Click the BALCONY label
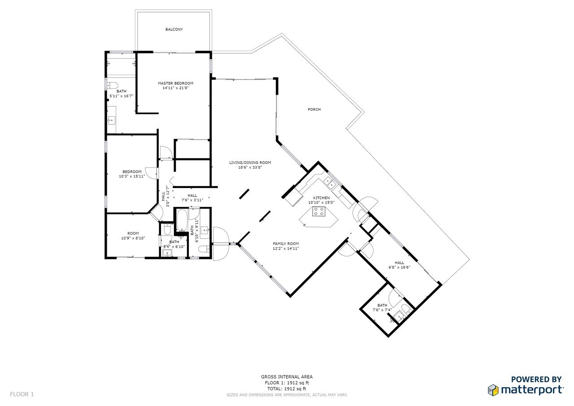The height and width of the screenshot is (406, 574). pyautogui.click(x=174, y=30)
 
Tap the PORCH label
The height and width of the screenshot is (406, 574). pyautogui.click(x=314, y=109)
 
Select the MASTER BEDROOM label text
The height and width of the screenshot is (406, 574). pyautogui.click(x=175, y=83)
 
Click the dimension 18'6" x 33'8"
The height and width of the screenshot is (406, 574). pyautogui.click(x=250, y=167)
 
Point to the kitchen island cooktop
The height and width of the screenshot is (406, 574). pyautogui.click(x=318, y=211)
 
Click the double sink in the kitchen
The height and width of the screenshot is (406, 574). pyautogui.click(x=330, y=183)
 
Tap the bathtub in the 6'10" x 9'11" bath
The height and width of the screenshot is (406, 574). pyautogui.click(x=182, y=220)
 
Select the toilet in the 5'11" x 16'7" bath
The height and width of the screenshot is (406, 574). pyautogui.click(x=112, y=85)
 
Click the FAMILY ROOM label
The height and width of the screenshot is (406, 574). pyautogui.click(x=286, y=244)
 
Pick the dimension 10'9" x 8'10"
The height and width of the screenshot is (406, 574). pyautogui.click(x=133, y=238)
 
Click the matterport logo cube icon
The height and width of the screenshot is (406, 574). pyautogui.click(x=493, y=390)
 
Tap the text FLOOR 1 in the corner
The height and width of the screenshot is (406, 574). pyautogui.click(x=22, y=394)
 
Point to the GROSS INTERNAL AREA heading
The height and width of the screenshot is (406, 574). pyautogui.click(x=287, y=377)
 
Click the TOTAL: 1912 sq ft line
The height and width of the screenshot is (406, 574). pyautogui.click(x=287, y=389)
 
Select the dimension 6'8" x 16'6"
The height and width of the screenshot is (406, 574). pyautogui.click(x=399, y=267)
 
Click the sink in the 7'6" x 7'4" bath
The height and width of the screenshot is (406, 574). pyautogui.click(x=399, y=317)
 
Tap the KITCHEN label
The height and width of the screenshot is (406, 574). pyautogui.click(x=322, y=198)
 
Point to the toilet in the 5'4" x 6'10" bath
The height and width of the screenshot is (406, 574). pyautogui.click(x=167, y=229)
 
